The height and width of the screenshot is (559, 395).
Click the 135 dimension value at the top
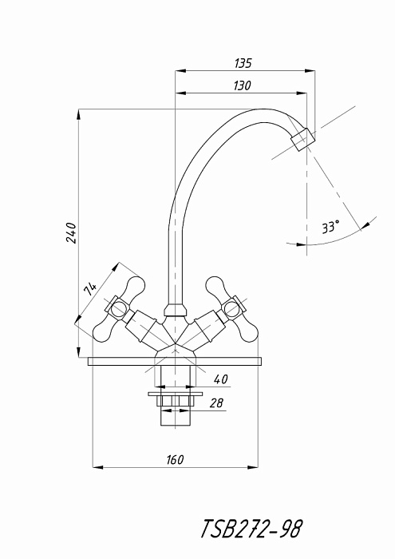(243, 63)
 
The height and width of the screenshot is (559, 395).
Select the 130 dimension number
(243, 85)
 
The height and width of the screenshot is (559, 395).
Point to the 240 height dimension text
(71, 233)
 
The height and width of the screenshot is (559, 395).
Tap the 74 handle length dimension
(90, 289)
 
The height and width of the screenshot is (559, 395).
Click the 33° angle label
(330, 226)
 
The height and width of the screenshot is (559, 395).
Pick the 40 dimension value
(221, 379)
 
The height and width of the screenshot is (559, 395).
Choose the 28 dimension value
(216, 402)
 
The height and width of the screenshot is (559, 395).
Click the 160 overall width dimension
(175, 459)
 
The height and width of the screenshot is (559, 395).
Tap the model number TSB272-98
(252, 529)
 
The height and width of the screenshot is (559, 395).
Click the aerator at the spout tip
(302, 140)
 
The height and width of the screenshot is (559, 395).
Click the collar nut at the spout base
(176, 310)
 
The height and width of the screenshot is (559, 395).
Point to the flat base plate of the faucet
(176, 362)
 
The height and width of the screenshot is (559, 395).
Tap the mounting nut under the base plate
(176, 400)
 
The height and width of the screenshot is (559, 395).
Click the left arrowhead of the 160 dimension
(98, 467)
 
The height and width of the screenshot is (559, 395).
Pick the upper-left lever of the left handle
(136, 287)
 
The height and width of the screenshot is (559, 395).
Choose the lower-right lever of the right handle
(249, 331)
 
